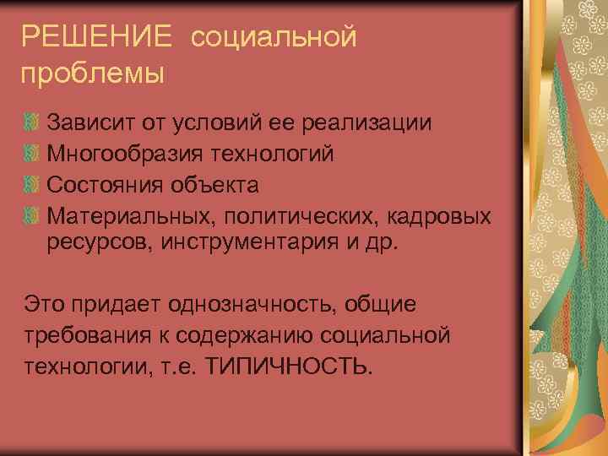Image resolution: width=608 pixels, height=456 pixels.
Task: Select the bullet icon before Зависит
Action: point(31,122)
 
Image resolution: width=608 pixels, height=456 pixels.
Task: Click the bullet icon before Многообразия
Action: point(31,154)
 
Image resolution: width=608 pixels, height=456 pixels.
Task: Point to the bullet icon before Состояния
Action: point(31,184)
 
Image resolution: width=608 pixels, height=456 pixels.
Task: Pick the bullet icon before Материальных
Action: point(31,215)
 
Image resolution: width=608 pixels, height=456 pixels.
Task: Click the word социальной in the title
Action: point(274,37)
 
